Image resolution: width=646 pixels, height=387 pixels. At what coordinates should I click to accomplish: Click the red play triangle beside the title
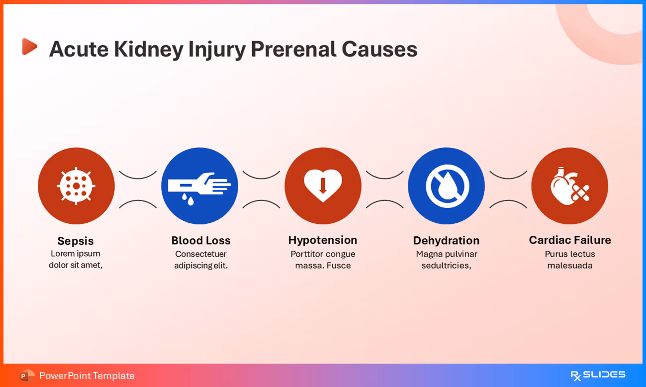[29, 47]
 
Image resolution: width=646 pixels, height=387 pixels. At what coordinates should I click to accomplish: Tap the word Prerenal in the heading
[292, 49]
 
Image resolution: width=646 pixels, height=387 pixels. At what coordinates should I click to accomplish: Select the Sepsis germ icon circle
[76, 186]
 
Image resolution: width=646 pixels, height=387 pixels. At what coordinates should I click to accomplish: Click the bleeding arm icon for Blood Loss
[199, 186]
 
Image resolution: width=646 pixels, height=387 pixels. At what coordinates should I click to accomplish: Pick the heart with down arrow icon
[323, 186]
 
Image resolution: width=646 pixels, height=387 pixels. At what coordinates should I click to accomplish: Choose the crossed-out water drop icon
[446, 186]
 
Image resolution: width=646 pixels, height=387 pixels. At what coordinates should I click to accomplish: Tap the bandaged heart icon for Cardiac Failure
[569, 186]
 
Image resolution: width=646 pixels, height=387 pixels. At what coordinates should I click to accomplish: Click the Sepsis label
[76, 241]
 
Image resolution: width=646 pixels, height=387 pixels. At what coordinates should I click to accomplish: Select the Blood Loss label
[201, 240]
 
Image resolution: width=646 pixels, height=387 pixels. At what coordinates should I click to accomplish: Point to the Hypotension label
[323, 240]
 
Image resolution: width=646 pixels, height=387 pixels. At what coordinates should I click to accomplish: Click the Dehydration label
[446, 240]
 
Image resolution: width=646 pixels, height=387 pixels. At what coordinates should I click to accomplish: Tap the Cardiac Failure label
[570, 240]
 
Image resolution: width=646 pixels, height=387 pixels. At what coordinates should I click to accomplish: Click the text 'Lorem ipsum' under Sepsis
[76, 253]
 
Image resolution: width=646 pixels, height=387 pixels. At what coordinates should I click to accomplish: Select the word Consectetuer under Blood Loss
[201, 254]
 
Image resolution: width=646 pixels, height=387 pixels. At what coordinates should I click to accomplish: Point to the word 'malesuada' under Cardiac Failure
[570, 266]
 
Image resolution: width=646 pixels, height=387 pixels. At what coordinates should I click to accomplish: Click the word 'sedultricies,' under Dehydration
[446, 266]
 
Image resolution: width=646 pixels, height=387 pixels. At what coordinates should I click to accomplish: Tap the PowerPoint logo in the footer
[27, 376]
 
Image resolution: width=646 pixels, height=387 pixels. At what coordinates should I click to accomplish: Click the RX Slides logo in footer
[598, 375]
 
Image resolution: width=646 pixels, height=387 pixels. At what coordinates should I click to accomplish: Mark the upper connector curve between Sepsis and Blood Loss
[138, 175]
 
